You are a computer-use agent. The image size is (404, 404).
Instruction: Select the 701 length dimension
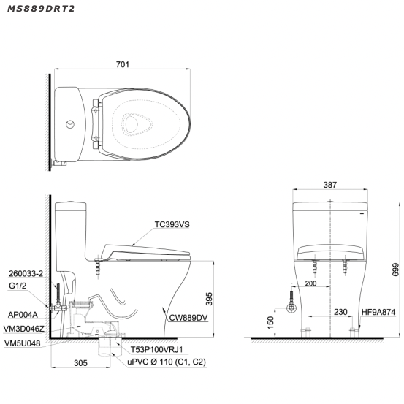point(123,65)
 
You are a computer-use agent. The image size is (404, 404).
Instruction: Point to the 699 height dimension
point(395,267)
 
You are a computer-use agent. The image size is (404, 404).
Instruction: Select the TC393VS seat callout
point(172,226)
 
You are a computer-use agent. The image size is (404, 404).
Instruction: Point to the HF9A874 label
point(378,312)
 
